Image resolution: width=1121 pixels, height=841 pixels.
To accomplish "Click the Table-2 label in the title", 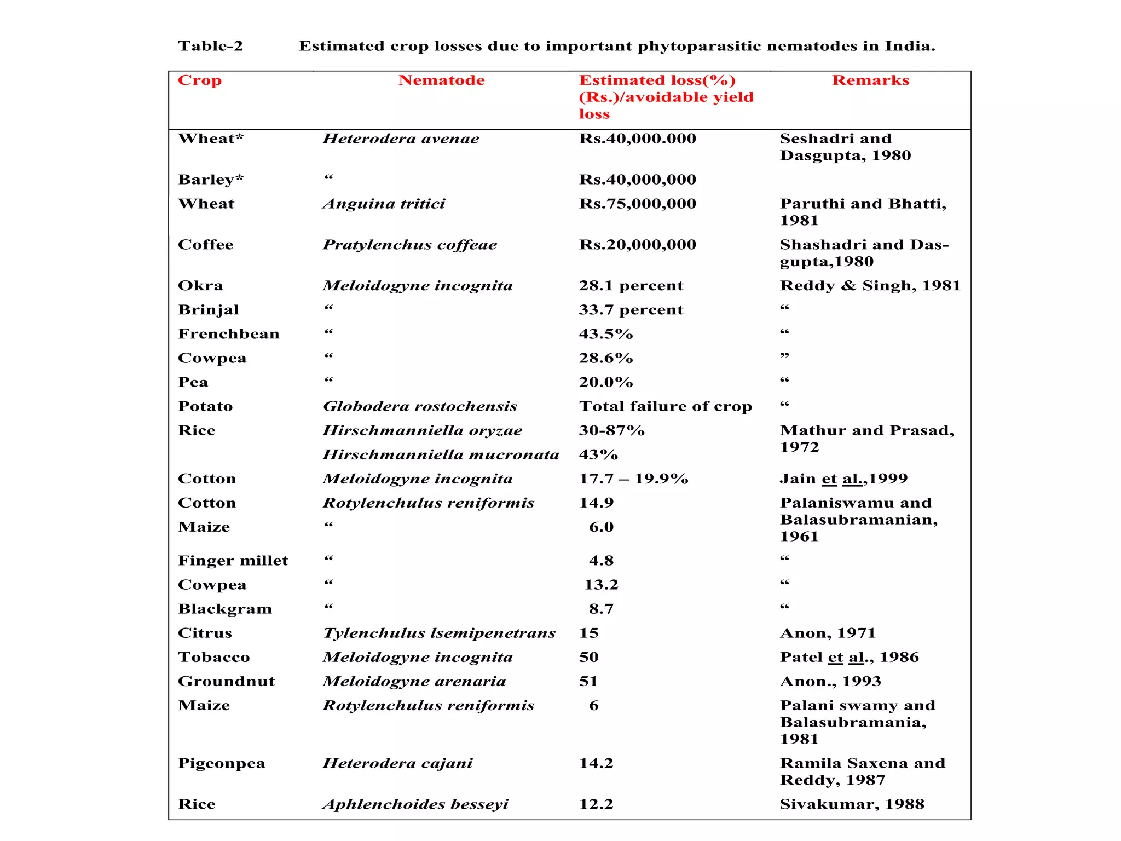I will [210, 46].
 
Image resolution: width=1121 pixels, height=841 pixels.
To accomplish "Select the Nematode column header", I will [441, 80].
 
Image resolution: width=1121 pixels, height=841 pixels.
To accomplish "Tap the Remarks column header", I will [870, 80].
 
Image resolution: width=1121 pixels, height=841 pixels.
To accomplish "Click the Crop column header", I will [200, 80].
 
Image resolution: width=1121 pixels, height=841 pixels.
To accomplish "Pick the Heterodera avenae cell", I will [401, 139].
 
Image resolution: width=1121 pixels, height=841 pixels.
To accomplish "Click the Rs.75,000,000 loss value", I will [637, 204].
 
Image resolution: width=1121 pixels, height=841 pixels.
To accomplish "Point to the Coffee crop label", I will [205, 245].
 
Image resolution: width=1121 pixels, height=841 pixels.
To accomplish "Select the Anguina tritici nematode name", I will [384, 204].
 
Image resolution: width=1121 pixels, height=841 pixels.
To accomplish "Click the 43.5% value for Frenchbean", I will [605, 334].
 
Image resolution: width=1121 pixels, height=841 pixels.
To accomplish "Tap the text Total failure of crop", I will [665, 406].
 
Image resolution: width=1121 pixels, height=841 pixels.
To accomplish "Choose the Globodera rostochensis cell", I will [420, 406].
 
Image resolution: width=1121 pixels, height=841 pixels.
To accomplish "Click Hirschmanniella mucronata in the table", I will [441, 454].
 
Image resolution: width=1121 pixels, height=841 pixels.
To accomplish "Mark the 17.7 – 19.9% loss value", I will [633, 479].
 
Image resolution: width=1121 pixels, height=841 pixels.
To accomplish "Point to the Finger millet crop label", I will [233, 561].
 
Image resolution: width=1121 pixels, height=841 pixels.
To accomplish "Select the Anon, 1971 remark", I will [827, 633].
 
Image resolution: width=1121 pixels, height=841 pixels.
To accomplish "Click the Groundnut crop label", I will [226, 681].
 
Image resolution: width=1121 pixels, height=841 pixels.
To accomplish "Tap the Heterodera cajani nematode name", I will [397, 763].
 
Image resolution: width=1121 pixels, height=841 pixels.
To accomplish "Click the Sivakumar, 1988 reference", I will [852, 804].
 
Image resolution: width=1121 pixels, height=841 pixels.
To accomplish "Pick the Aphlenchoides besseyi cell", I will [415, 804].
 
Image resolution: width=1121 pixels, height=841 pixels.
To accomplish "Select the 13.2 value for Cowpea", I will [600, 585].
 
